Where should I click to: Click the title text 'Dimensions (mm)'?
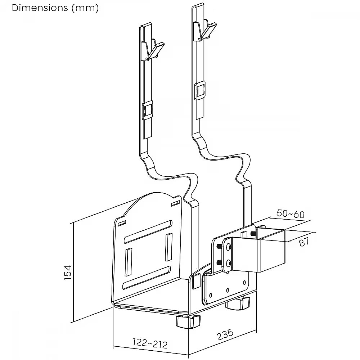55,8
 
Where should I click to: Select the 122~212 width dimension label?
150,343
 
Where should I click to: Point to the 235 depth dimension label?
225,335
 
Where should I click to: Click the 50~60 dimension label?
291,214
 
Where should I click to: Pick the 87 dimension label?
304,241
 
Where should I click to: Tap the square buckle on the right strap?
200,90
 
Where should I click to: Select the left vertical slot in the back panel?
129,261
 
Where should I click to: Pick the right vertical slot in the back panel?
169,247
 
